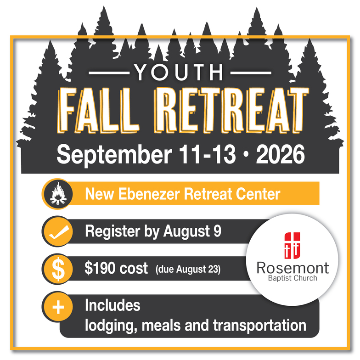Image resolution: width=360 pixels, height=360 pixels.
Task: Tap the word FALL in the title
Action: coord(98,110)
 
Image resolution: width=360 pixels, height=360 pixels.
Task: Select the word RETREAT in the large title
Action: coord(231,110)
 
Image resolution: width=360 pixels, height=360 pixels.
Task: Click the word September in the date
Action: coord(114,154)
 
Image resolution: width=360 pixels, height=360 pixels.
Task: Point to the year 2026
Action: coord(280,154)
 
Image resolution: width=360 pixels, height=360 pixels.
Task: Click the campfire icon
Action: coord(58,194)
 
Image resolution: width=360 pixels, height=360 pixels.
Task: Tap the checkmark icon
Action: coord(58,232)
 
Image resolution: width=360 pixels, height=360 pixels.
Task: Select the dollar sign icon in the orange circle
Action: coord(58,269)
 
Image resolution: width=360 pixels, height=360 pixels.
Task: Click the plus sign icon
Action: coord(58,307)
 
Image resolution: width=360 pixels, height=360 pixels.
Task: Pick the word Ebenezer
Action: coord(149,194)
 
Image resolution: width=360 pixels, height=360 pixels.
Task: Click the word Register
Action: coord(112,231)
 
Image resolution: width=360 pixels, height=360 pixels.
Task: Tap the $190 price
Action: coord(100,268)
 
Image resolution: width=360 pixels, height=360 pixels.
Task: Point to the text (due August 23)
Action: coord(188,269)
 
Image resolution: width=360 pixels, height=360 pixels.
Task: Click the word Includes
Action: coord(112,305)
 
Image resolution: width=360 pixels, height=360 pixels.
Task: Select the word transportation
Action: coord(259,325)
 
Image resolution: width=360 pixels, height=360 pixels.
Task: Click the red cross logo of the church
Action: coord(292,245)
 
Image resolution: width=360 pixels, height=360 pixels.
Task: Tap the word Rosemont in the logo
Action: coord(293,268)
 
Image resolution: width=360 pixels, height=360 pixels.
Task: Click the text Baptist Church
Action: coord(293,278)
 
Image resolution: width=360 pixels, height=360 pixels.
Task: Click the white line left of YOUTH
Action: coord(109,73)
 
